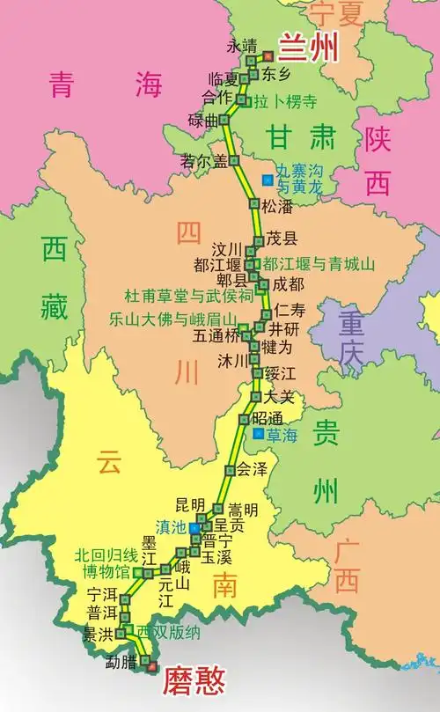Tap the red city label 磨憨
click(x=193, y=679)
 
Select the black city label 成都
click(x=288, y=283)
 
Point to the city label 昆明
click(x=190, y=504)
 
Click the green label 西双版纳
click(x=169, y=632)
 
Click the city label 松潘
click(x=276, y=206)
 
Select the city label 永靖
click(x=242, y=45)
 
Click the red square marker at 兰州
click(x=268, y=56)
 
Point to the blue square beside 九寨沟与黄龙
click(x=267, y=180)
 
